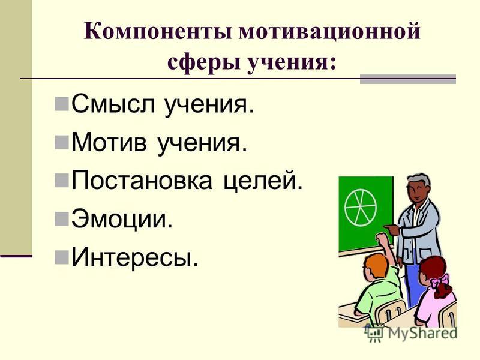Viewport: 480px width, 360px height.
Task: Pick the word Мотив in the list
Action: click(109, 142)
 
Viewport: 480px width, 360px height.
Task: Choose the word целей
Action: click(263, 181)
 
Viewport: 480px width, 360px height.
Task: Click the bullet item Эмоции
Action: click(122, 219)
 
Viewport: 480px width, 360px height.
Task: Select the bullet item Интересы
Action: click(135, 258)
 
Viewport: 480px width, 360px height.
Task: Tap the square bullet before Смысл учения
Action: click(62, 104)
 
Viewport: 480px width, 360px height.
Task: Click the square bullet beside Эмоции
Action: click(62, 219)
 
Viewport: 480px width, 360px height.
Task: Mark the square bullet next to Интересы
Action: click(62, 258)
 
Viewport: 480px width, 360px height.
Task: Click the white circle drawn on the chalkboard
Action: click(360, 207)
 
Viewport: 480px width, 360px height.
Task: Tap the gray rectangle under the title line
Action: click(408, 79)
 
